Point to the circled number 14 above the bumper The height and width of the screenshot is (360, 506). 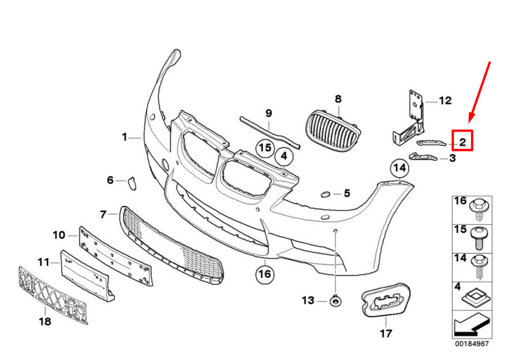[399, 168]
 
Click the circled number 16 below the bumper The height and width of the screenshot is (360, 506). [264, 274]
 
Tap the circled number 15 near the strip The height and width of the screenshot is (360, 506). [265, 148]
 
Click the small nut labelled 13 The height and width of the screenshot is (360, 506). [335, 302]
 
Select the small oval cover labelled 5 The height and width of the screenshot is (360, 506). [325, 193]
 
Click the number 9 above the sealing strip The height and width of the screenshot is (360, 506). [269, 112]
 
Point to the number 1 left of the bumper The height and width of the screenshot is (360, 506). [124, 137]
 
